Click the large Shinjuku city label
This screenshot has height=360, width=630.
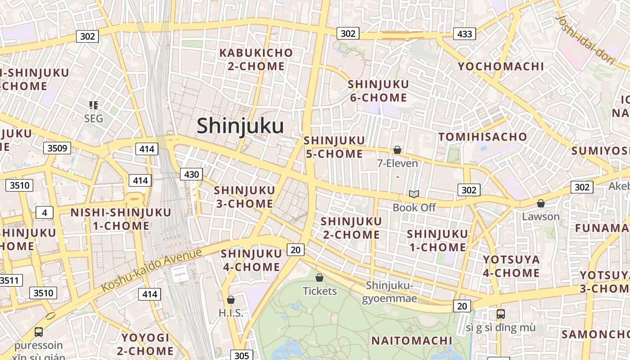coord(240,126)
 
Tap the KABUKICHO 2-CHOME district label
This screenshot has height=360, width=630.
coord(256,59)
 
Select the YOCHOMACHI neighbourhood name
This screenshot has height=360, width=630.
coord(501,67)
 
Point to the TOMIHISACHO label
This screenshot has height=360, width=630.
coord(482,137)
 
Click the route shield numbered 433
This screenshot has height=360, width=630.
coord(464,34)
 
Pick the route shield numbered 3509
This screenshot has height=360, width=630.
coord(57,148)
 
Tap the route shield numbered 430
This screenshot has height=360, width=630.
coord(191,174)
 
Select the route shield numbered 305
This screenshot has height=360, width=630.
coord(242,355)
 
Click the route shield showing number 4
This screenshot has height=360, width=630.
coord(45,212)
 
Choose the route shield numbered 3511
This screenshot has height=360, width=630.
coord(9,280)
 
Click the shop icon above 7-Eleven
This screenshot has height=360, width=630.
coord(397,150)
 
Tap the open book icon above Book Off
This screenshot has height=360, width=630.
coord(414,194)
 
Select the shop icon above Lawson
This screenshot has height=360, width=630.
coord(541,203)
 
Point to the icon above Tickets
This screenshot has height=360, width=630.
coord(319,278)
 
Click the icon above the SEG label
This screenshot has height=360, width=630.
coord(94,105)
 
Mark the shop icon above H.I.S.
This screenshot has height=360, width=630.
coord(231,300)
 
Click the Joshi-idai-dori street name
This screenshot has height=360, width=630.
coord(585,40)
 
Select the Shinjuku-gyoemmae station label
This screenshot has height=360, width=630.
coord(389,292)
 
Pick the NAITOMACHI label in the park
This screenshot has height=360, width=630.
coord(412,341)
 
